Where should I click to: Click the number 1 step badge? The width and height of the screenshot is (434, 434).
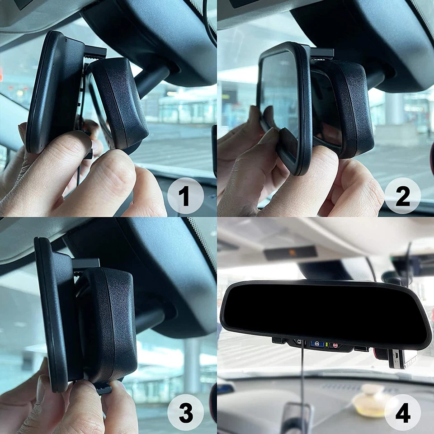point(185,196)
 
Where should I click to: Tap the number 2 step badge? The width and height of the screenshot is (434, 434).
point(402,196)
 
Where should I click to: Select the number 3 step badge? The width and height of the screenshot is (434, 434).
point(185,412)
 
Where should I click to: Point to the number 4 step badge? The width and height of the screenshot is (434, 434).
point(402,412)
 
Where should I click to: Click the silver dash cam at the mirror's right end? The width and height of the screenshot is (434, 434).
point(402,358)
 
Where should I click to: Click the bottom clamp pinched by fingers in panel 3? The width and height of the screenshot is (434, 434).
point(103,388)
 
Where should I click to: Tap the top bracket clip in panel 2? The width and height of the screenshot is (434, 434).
point(322,53)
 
